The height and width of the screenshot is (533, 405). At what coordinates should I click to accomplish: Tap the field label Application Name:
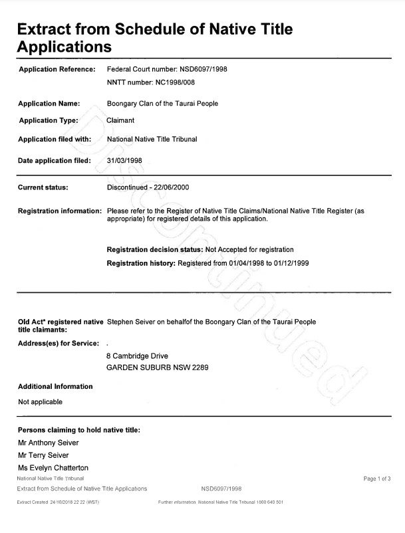pyautogui.click(x=49, y=104)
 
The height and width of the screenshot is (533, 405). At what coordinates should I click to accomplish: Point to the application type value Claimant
pyautogui.click(x=121, y=121)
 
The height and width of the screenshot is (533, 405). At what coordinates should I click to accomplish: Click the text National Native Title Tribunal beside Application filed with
pyautogui.click(x=161, y=140)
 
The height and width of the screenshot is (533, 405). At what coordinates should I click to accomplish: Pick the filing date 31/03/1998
pyautogui.click(x=124, y=160)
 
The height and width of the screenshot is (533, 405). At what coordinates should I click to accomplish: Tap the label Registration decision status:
pyautogui.click(x=154, y=250)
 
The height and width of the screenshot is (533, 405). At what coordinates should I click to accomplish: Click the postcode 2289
pyautogui.click(x=199, y=368)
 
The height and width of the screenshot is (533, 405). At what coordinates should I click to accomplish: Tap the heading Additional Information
pyautogui.click(x=55, y=387)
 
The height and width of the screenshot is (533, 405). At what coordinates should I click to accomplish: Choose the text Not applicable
pyautogui.click(x=40, y=402)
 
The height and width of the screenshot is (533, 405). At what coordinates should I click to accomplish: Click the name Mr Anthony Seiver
pyautogui.click(x=48, y=443)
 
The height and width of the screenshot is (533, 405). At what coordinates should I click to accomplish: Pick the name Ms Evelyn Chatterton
pyautogui.click(x=53, y=469)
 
